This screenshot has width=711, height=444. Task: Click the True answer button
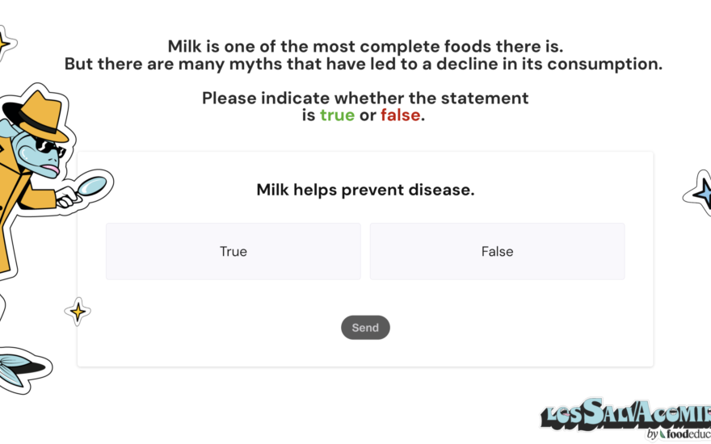233,251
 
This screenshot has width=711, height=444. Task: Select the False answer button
497,251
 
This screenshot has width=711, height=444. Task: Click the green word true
337,115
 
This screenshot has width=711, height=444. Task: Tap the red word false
401,115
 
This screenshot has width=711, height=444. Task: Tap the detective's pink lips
52,170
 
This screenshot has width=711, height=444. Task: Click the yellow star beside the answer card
78,312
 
